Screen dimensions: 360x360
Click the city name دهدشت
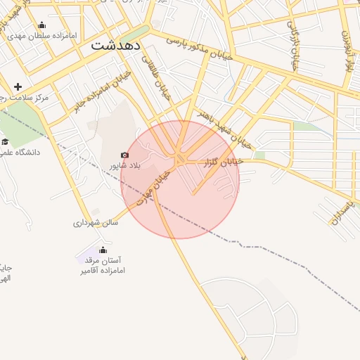[117, 44]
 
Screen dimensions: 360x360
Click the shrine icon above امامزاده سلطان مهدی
[41, 25]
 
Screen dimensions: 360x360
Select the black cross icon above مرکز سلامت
[18, 86]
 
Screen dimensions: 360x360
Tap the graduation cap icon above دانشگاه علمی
[6, 141]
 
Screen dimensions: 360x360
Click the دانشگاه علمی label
[20, 152]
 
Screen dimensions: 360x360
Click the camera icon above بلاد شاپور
[125, 155]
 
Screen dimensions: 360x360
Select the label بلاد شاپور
[125, 166]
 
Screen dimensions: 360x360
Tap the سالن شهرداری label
[96, 223]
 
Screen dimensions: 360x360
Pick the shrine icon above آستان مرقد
[103, 250]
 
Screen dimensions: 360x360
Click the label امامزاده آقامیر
[102, 270]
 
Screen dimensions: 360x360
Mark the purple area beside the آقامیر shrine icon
[90, 253]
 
